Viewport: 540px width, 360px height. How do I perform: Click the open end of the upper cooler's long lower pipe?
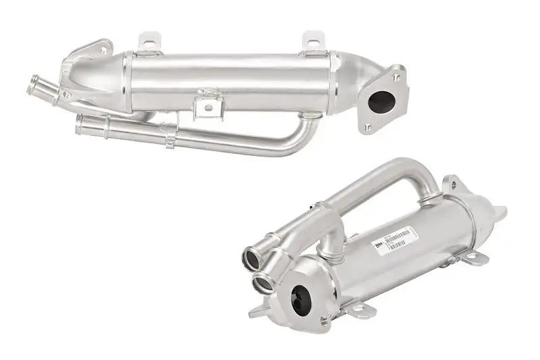tap(81, 122)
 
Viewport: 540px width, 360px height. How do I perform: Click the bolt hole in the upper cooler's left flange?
tap(103, 50)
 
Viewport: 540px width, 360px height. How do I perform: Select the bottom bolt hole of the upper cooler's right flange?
tap(367, 126)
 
